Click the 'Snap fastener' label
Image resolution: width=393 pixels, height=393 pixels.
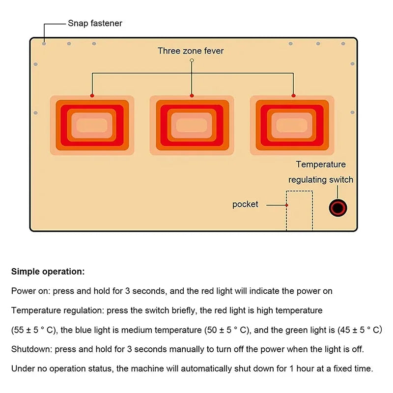pyautogui.click(x=95, y=23)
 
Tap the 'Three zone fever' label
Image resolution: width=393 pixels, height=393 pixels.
pyautogui.click(x=191, y=51)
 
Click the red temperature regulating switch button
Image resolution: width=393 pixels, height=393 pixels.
pyautogui.click(x=338, y=208)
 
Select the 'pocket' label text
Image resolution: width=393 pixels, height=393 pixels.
pyautogui.click(x=245, y=204)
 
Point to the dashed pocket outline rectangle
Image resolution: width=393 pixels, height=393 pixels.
pyautogui.click(x=300, y=210)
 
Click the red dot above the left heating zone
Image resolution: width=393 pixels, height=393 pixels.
pyautogui.click(x=92, y=95)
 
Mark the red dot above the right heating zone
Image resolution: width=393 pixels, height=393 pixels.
pyautogui.click(x=293, y=95)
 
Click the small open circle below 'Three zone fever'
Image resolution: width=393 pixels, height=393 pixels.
pyautogui.click(x=192, y=60)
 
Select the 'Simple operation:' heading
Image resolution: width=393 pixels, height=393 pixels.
pyautogui.click(x=48, y=271)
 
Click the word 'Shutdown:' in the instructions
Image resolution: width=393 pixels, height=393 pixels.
pyautogui.click(x=32, y=349)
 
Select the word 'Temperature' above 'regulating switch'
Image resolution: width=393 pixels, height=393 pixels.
pyautogui.click(x=321, y=165)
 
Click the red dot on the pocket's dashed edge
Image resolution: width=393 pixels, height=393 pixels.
pyautogui.click(x=286, y=204)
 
